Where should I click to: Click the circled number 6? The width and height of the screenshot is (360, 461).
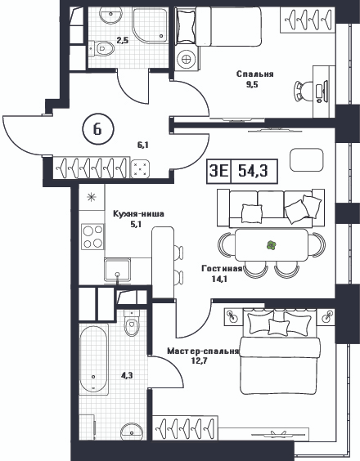[97, 129]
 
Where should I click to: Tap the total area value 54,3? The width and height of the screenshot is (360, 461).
[253, 170]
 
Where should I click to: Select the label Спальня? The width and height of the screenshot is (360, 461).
[255, 74]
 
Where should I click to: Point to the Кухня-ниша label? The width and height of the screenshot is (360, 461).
[138, 214]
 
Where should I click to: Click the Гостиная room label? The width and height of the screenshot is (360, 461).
[222, 268]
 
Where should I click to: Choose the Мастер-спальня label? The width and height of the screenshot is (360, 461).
[203, 351]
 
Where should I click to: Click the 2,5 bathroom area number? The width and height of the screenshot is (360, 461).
[123, 40]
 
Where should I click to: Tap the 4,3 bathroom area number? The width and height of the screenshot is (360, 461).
[127, 375]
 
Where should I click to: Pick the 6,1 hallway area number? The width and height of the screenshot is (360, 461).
[142, 145]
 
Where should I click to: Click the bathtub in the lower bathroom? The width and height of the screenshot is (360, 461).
[93, 359]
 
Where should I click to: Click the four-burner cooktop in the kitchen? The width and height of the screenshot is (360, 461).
[92, 237]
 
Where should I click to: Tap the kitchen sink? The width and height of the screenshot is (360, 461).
[118, 270]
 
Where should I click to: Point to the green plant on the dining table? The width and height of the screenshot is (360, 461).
[271, 245]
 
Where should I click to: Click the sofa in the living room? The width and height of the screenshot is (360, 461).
[271, 208]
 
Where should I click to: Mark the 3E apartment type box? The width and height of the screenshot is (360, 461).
[219, 171]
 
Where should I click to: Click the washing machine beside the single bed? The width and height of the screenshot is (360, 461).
[187, 59]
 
